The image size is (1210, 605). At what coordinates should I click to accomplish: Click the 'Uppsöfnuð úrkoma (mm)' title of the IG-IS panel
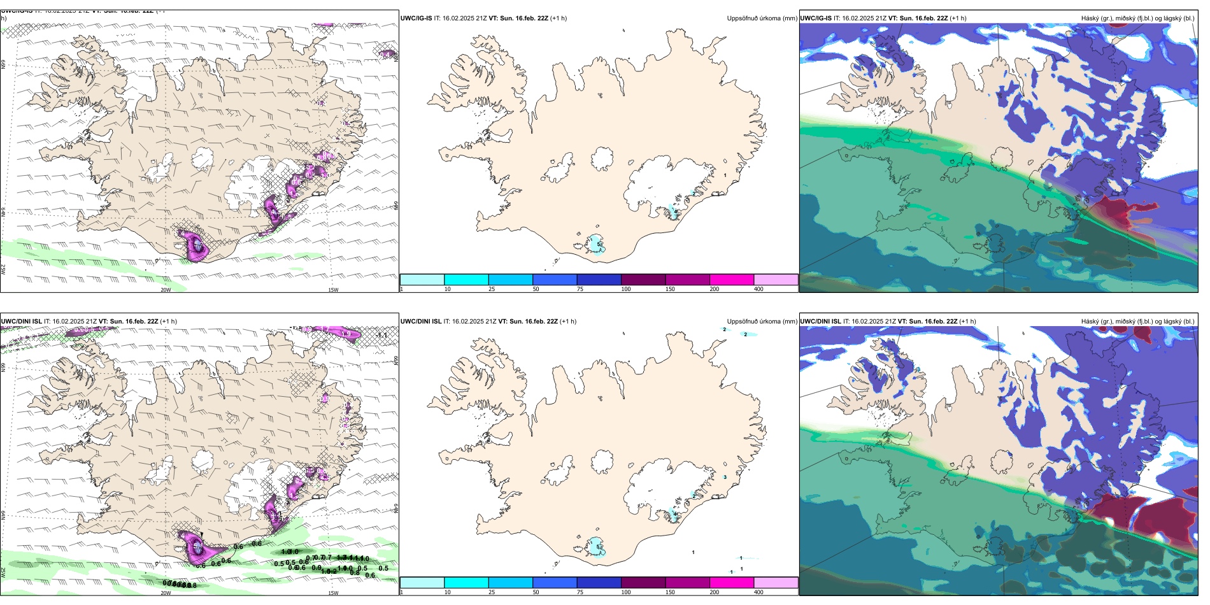click(x=762, y=18)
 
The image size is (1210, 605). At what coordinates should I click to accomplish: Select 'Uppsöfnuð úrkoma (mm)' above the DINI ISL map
click(x=762, y=322)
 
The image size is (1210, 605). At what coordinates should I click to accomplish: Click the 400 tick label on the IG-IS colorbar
click(x=758, y=289)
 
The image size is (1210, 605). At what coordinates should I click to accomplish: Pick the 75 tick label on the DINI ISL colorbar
click(x=580, y=592)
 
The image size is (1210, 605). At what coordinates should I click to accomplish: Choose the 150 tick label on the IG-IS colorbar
click(x=670, y=289)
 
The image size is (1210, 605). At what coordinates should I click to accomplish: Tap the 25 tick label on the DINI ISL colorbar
click(x=492, y=592)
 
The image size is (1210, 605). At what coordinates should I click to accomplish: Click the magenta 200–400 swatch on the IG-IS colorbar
click(x=732, y=280)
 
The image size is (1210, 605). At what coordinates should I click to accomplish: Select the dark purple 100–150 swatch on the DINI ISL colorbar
click(x=643, y=583)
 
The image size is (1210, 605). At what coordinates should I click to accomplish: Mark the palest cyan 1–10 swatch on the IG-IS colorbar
click(x=422, y=280)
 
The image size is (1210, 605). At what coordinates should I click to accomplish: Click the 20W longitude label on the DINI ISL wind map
click(x=166, y=593)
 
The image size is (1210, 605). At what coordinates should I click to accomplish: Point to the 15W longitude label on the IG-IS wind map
click(x=332, y=290)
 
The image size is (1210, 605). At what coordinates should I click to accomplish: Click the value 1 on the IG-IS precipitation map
click(x=725, y=174)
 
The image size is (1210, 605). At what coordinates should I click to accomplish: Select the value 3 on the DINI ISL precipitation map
click(x=725, y=477)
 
